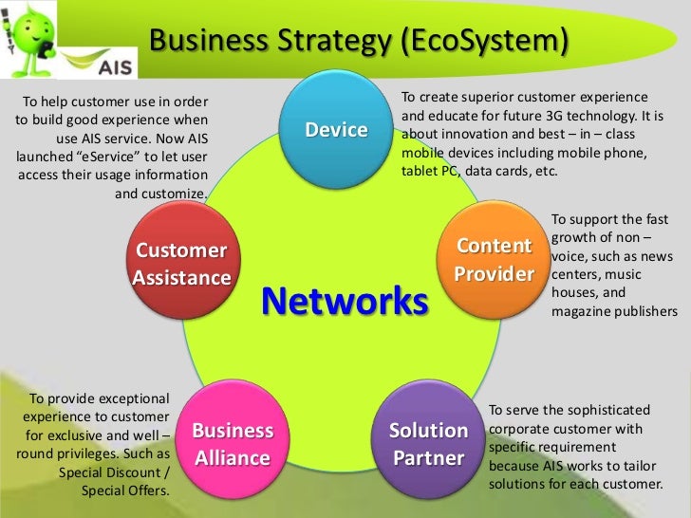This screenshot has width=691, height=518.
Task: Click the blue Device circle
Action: coord(336,131)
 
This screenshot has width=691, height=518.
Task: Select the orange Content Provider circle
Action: coord(493,260)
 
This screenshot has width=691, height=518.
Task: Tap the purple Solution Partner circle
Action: coord(429,445)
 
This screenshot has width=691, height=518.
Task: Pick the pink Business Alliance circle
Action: coord(233,445)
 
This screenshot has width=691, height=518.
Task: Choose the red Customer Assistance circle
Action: coord(181,264)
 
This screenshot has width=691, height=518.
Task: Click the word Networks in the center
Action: coord(345,301)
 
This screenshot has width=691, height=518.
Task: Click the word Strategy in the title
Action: coord(327,42)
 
